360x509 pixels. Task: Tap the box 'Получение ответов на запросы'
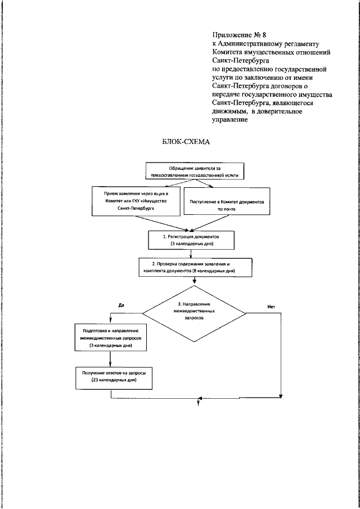tap(114, 377)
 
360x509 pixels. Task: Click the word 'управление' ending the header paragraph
tap(230, 120)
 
